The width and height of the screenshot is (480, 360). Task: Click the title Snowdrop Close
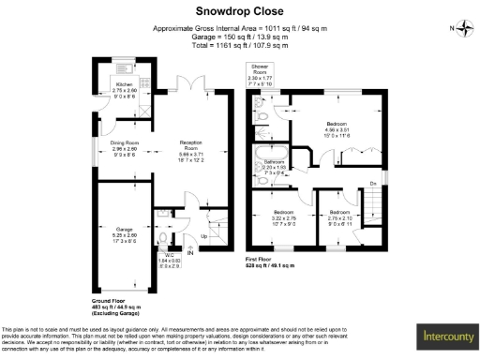(x=240, y=11)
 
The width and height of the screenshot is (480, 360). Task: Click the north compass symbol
(x=465, y=28)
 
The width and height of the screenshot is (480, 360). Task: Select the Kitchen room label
(x=125, y=89)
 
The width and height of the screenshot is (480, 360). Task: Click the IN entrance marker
(x=190, y=252)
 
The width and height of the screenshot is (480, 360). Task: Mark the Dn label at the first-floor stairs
(x=373, y=181)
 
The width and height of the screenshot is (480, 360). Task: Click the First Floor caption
(x=264, y=262)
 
